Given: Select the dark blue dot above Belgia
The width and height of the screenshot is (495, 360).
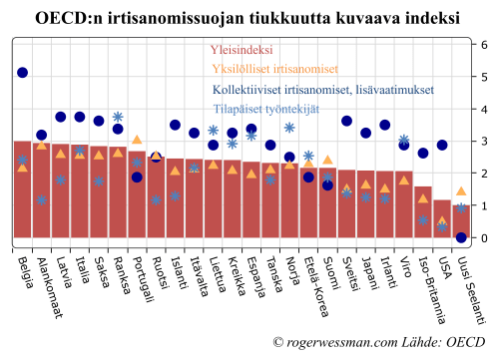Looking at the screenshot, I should point(22,73).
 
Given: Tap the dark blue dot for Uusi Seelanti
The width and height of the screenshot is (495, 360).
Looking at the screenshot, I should point(461,237).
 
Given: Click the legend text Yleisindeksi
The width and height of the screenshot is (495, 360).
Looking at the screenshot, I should point(243,50).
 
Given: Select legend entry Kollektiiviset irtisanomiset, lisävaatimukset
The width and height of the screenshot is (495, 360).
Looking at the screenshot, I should point(323,90).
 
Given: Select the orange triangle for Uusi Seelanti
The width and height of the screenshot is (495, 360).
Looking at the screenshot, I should point(461,191).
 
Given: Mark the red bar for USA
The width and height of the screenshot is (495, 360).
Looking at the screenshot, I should point(442,220).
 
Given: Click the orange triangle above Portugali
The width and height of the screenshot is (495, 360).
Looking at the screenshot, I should point(137,140).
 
